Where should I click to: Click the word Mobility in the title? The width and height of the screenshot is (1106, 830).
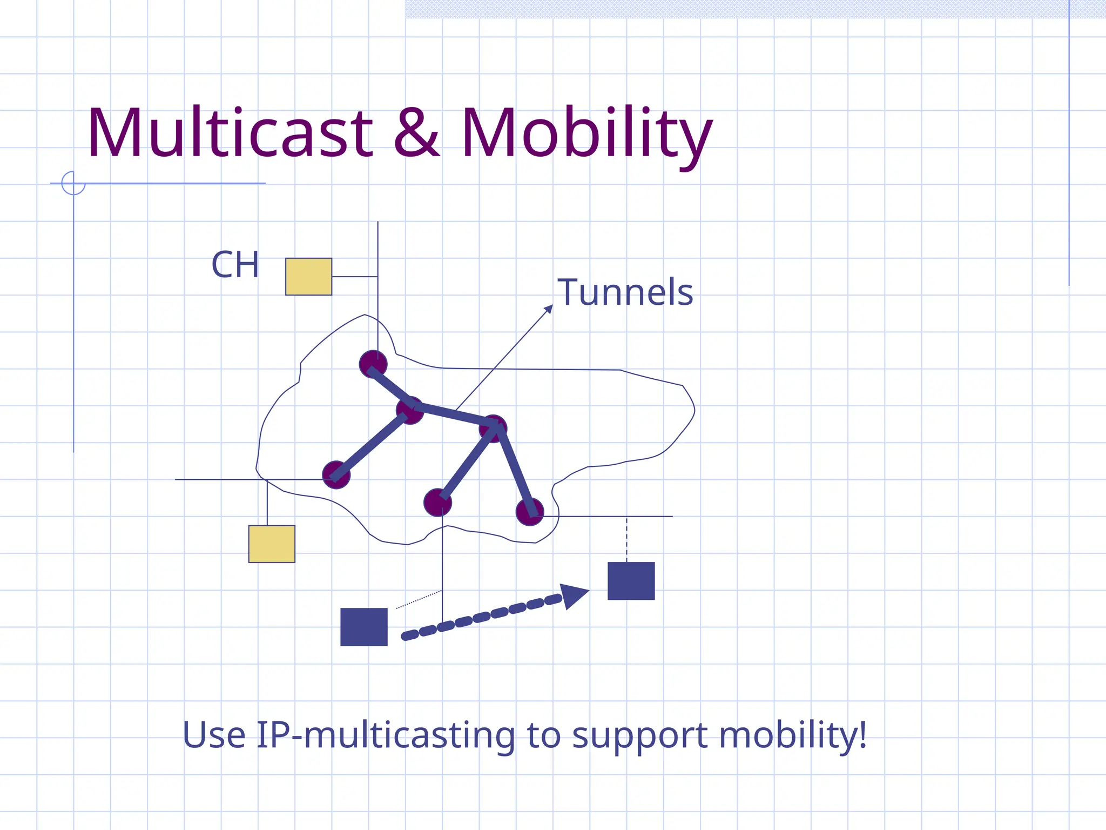[586, 134]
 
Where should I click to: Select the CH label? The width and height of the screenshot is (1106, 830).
[235, 265]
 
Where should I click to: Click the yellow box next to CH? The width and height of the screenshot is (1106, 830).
[308, 277]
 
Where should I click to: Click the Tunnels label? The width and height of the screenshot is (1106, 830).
[625, 292]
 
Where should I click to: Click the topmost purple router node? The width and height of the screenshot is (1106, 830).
[373, 364]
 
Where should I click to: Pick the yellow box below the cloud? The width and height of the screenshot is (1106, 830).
[272, 544]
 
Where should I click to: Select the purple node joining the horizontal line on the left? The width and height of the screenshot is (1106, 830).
[336, 475]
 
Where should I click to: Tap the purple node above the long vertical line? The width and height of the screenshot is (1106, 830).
[437, 503]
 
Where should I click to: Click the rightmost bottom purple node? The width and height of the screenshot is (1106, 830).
[529, 512]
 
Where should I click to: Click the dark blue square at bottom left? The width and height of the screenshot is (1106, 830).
[363, 627]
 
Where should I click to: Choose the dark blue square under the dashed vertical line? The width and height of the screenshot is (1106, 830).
[631, 581]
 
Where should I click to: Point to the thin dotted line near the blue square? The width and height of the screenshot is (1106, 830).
[419, 600]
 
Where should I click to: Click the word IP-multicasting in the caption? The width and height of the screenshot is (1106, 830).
[386, 735]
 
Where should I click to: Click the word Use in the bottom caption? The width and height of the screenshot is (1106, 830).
[214, 735]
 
